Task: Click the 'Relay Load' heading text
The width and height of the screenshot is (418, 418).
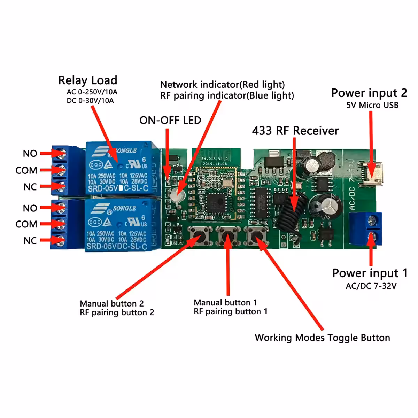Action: tap(87, 80)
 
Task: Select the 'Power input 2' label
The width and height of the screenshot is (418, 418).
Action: tap(369, 93)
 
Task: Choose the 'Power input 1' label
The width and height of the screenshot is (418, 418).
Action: tap(369, 273)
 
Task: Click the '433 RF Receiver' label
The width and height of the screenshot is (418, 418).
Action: tap(295, 131)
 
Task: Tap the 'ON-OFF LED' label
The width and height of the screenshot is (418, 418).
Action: tap(170, 121)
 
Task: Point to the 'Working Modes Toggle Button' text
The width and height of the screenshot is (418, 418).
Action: tap(322, 338)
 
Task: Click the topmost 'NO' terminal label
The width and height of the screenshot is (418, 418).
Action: tap(30, 154)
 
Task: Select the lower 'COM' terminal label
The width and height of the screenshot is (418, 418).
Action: tap(26, 224)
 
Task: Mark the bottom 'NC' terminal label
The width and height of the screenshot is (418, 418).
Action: tap(30, 241)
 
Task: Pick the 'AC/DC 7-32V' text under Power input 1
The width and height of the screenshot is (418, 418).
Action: tap(371, 286)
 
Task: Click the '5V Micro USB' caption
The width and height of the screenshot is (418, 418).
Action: tap(372, 105)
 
